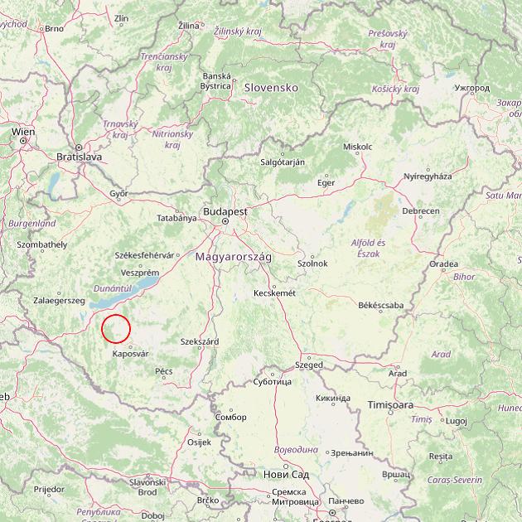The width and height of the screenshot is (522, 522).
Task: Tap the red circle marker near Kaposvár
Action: [x=116, y=329]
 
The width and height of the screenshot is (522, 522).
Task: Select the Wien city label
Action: [x=23, y=132]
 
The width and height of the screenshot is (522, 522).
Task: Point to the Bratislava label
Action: [x=79, y=156]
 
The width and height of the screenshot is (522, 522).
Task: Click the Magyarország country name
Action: [x=233, y=258]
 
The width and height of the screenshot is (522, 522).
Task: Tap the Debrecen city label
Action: [x=421, y=211]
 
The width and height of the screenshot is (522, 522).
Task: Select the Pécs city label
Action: [x=163, y=371]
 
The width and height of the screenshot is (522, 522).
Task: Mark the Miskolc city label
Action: [x=357, y=147]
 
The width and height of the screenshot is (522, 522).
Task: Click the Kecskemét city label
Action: [x=273, y=292]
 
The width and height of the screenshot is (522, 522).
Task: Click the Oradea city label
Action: [x=443, y=264]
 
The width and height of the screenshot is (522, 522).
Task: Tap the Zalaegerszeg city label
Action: [x=60, y=300]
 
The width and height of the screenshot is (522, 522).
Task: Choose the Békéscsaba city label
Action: [x=380, y=305]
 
